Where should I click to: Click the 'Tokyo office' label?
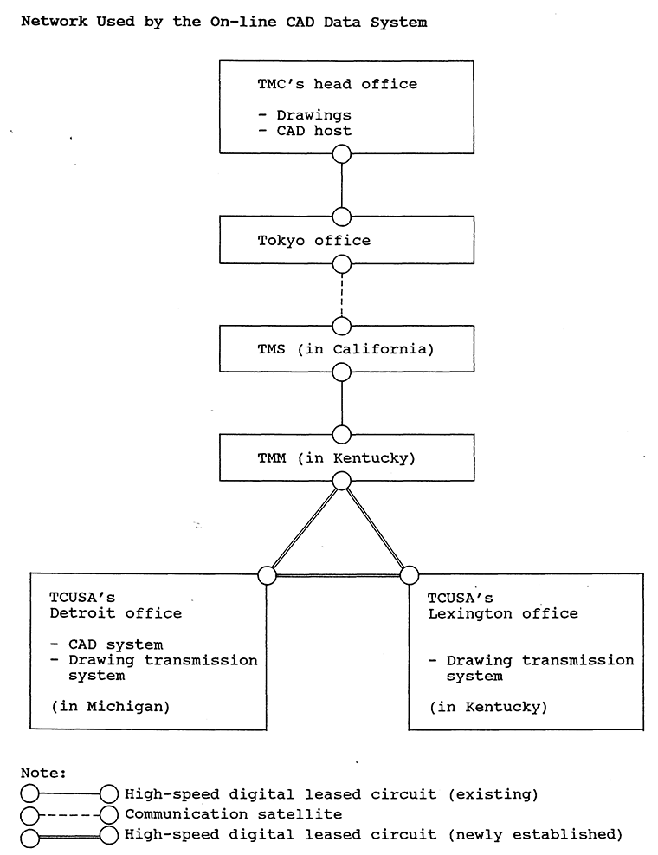coord(313,241)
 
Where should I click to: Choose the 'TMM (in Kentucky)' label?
coord(336,457)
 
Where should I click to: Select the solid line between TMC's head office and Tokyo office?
coord(342,185)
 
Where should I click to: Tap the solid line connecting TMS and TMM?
coord(342,403)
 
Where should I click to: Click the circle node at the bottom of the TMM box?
coord(342,481)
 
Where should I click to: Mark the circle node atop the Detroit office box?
coord(267,574)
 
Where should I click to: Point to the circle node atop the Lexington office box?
coord(409,574)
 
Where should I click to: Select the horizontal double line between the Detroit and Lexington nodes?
coord(338,575)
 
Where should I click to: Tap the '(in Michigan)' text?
coord(110,706)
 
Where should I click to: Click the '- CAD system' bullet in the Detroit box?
coord(106,644)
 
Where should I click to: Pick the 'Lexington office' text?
coord(503,613)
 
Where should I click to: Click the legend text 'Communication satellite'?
coord(233,814)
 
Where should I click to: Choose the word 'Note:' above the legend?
coord(43,772)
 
